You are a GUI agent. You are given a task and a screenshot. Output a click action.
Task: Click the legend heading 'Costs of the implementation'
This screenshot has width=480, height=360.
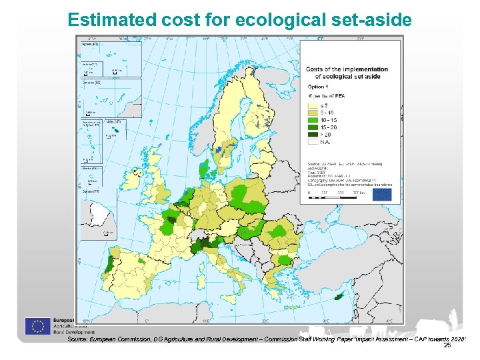click(x=347, y=69)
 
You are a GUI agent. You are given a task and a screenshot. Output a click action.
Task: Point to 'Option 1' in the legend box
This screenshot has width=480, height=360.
click(x=318, y=87)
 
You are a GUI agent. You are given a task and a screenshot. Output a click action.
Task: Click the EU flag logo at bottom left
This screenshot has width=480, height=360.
click(x=38, y=326)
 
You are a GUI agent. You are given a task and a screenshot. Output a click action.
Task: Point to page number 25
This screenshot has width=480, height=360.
click(x=447, y=345)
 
